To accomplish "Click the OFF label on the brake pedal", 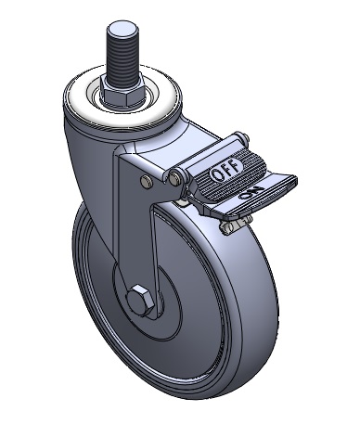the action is pyautogui.click(x=225, y=171).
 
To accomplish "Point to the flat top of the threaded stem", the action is pyautogui.click(x=123, y=28).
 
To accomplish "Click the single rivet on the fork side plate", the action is pyautogui.click(x=147, y=181).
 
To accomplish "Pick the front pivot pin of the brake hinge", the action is pyautogui.click(x=175, y=176).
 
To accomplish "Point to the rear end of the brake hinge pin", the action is pyautogui.click(x=244, y=136).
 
